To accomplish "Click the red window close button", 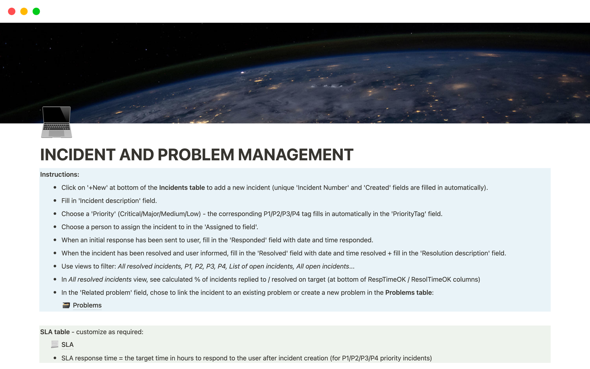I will point(12,11).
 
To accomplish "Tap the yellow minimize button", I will point(24,11).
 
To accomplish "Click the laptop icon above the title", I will point(57,122).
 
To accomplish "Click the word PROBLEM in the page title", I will point(196,155).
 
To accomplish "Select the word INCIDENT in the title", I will point(77,155).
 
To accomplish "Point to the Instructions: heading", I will point(60,174).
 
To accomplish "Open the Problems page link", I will point(87,305).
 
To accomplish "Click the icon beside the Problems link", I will point(66,305).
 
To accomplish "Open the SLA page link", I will point(67,345).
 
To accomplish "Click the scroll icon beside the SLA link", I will point(55,344).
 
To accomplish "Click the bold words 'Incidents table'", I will point(182,188).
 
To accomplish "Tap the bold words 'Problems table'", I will point(408,292).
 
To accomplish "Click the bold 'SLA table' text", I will point(55,332).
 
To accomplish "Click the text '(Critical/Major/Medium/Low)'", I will point(159,214).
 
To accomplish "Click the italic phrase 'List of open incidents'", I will point(261,266).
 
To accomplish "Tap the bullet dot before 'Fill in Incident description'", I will point(55,200).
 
